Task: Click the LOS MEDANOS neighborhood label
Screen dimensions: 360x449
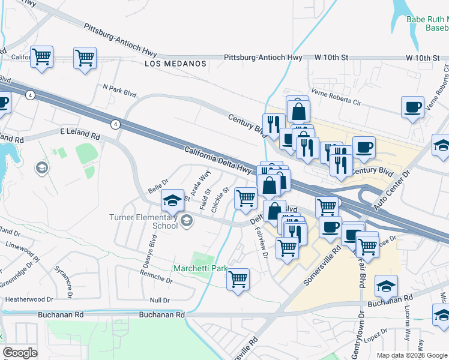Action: point(175,63)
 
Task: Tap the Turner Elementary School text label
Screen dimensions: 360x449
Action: point(143,221)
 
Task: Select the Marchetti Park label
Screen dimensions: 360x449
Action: point(200,268)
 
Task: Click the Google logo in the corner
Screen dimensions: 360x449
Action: point(20,353)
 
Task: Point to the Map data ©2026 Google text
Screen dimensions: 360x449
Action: point(412,355)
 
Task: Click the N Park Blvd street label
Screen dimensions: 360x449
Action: point(120,91)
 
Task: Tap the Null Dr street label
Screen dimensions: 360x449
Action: point(160,299)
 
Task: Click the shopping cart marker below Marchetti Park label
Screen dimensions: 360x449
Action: point(238,279)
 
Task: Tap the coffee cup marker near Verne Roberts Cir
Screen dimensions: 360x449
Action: point(412,107)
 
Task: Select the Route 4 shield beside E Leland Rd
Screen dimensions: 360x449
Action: point(114,124)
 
